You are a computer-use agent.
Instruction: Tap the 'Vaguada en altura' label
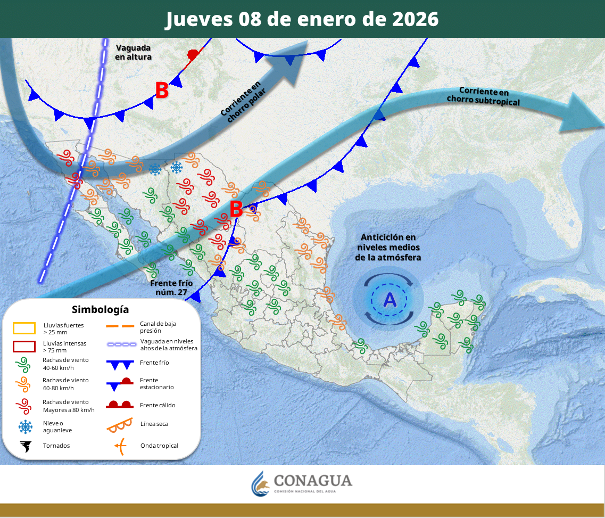tap(134, 52)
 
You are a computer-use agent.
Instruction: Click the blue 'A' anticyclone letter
tap(389, 300)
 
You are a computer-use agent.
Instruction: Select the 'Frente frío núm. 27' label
tap(171, 287)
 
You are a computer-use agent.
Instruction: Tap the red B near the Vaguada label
tap(162, 91)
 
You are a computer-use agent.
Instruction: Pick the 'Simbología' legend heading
tap(100, 309)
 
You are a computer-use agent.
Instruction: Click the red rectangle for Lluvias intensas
tap(24, 347)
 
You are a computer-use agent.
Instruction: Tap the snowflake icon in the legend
tap(24, 426)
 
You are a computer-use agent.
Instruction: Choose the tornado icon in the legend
tap(24, 446)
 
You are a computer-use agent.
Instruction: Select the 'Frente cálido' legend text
tap(158, 405)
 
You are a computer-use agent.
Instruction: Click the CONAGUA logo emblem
tap(261, 483)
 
